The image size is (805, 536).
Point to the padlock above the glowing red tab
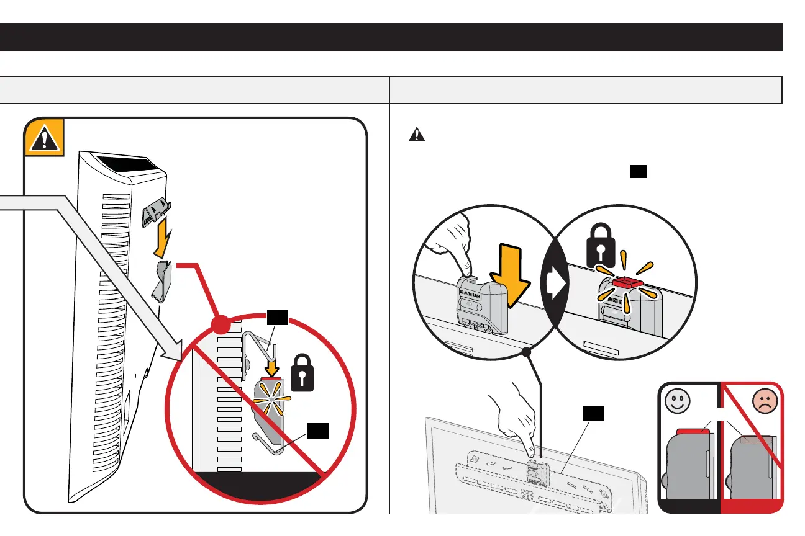pos(601,252)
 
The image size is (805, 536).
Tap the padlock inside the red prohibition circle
pos(301,373)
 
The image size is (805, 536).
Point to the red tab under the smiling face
pos(688,431)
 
